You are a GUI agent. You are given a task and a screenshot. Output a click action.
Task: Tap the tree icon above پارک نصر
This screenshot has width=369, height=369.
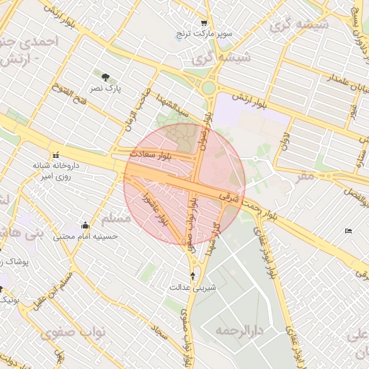pos(106,76)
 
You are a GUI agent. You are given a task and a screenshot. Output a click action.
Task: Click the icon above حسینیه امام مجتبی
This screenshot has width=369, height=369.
pos(86,225)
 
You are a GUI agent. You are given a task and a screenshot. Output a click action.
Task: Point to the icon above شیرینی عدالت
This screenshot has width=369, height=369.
pos(193,275)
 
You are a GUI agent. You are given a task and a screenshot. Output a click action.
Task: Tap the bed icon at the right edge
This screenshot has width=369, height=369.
pos(349,231)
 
